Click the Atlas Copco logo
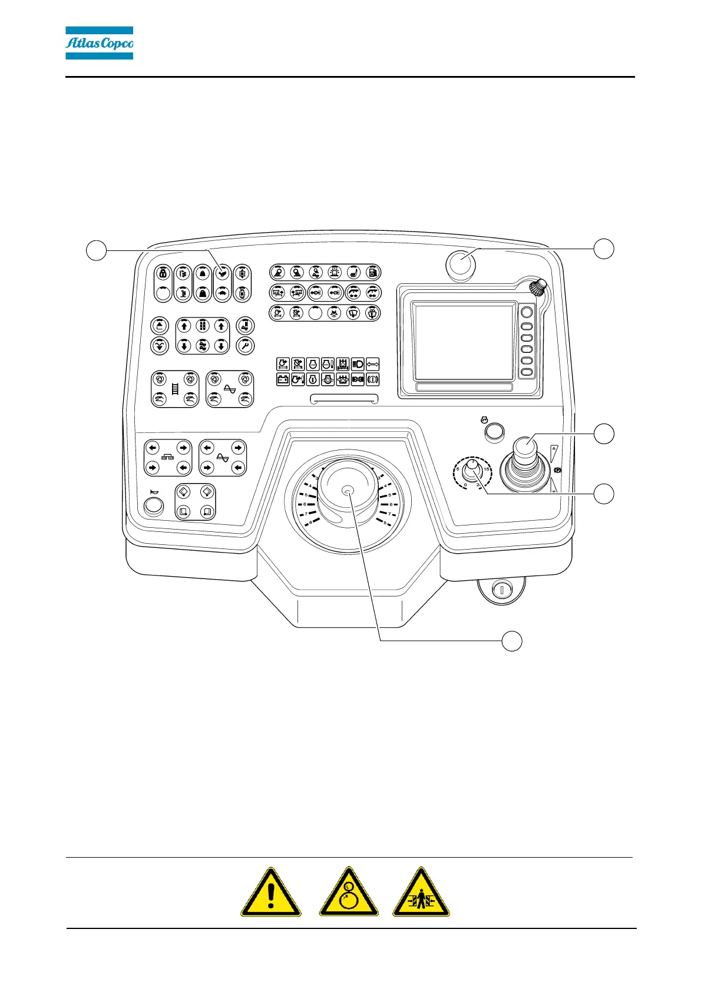coord(99,43)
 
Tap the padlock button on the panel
coord(164,273)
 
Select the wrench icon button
coord(244,345)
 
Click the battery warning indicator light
coord(283,379)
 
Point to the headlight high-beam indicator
coord(357,364)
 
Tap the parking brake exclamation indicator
coord(372,379)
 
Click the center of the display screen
coord(464,342)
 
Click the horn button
coord(154,506)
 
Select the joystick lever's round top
coord(524,447)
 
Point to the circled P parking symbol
coord(557,471)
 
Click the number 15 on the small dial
coord(487,469)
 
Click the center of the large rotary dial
coord(348,491)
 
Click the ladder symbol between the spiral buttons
coord(174,389)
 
